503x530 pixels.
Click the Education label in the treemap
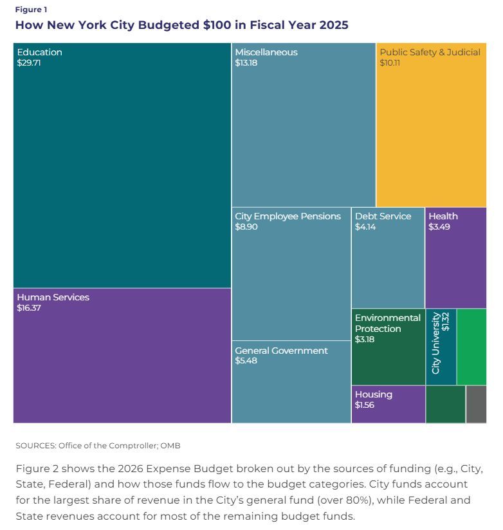[39, 52]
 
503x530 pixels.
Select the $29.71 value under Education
[29, 63]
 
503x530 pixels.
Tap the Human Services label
[53, 297]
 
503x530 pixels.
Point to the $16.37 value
[29, 308]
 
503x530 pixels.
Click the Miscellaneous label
[266, 52]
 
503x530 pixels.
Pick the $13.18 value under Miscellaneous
[246, 63]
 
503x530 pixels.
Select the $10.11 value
[390, 63]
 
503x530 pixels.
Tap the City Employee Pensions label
[288, 216]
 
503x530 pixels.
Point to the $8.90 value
[246, 227]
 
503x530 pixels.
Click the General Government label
[281, 351]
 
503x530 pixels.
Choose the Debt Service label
[383, 216]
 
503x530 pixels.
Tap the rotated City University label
[436, 343]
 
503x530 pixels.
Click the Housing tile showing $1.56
[388, 404]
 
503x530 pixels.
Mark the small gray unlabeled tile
[476, 404]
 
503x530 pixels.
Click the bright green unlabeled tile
[471, 346]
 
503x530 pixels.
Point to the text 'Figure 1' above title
[31, 10]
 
